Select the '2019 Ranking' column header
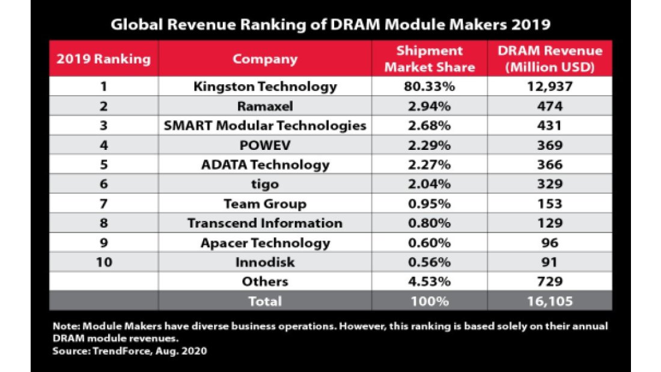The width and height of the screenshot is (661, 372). pos(103,59)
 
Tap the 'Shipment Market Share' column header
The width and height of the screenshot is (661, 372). pos(429,59)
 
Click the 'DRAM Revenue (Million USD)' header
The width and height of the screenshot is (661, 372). pos(550,59)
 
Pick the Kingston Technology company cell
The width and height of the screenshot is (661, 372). pos(265,87)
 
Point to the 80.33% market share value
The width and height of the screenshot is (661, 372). pos(429,87)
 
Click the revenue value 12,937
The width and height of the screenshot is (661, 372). pos(550,87)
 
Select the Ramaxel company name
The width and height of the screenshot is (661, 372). pos(265,106)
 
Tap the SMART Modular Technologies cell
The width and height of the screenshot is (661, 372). pos(265,126)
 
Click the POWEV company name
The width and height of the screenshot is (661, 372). pos(265,145)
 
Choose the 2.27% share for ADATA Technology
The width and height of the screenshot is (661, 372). pos(429,164)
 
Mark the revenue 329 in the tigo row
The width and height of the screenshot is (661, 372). pos(550,184)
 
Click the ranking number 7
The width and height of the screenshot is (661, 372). pos(103,203)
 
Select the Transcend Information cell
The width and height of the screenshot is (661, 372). pos(265,223)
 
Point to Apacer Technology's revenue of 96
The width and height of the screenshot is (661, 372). pos(550,243)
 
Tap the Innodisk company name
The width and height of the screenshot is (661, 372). pos(265,262)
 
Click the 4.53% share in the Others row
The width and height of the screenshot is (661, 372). pos(429,281)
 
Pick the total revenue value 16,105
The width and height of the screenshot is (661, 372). pos(550,300)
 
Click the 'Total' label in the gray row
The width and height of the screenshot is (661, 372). pos(265,300)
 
